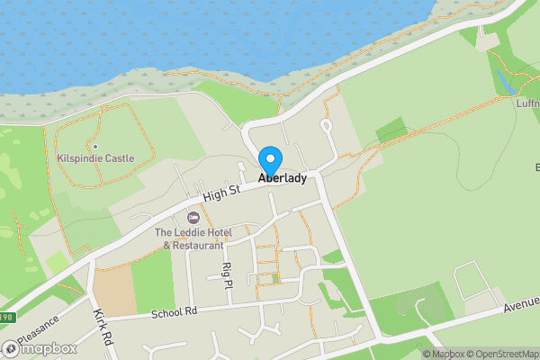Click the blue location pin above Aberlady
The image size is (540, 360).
coord(269,159)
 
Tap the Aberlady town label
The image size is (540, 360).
coord(283,178)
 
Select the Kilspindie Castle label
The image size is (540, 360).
coord(95,158)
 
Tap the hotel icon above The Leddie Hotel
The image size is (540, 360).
coord(192,218)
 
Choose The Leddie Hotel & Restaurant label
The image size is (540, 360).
coord(189,238)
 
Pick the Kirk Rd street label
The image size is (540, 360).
coord(103,328)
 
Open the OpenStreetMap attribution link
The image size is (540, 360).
coord(498,354)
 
